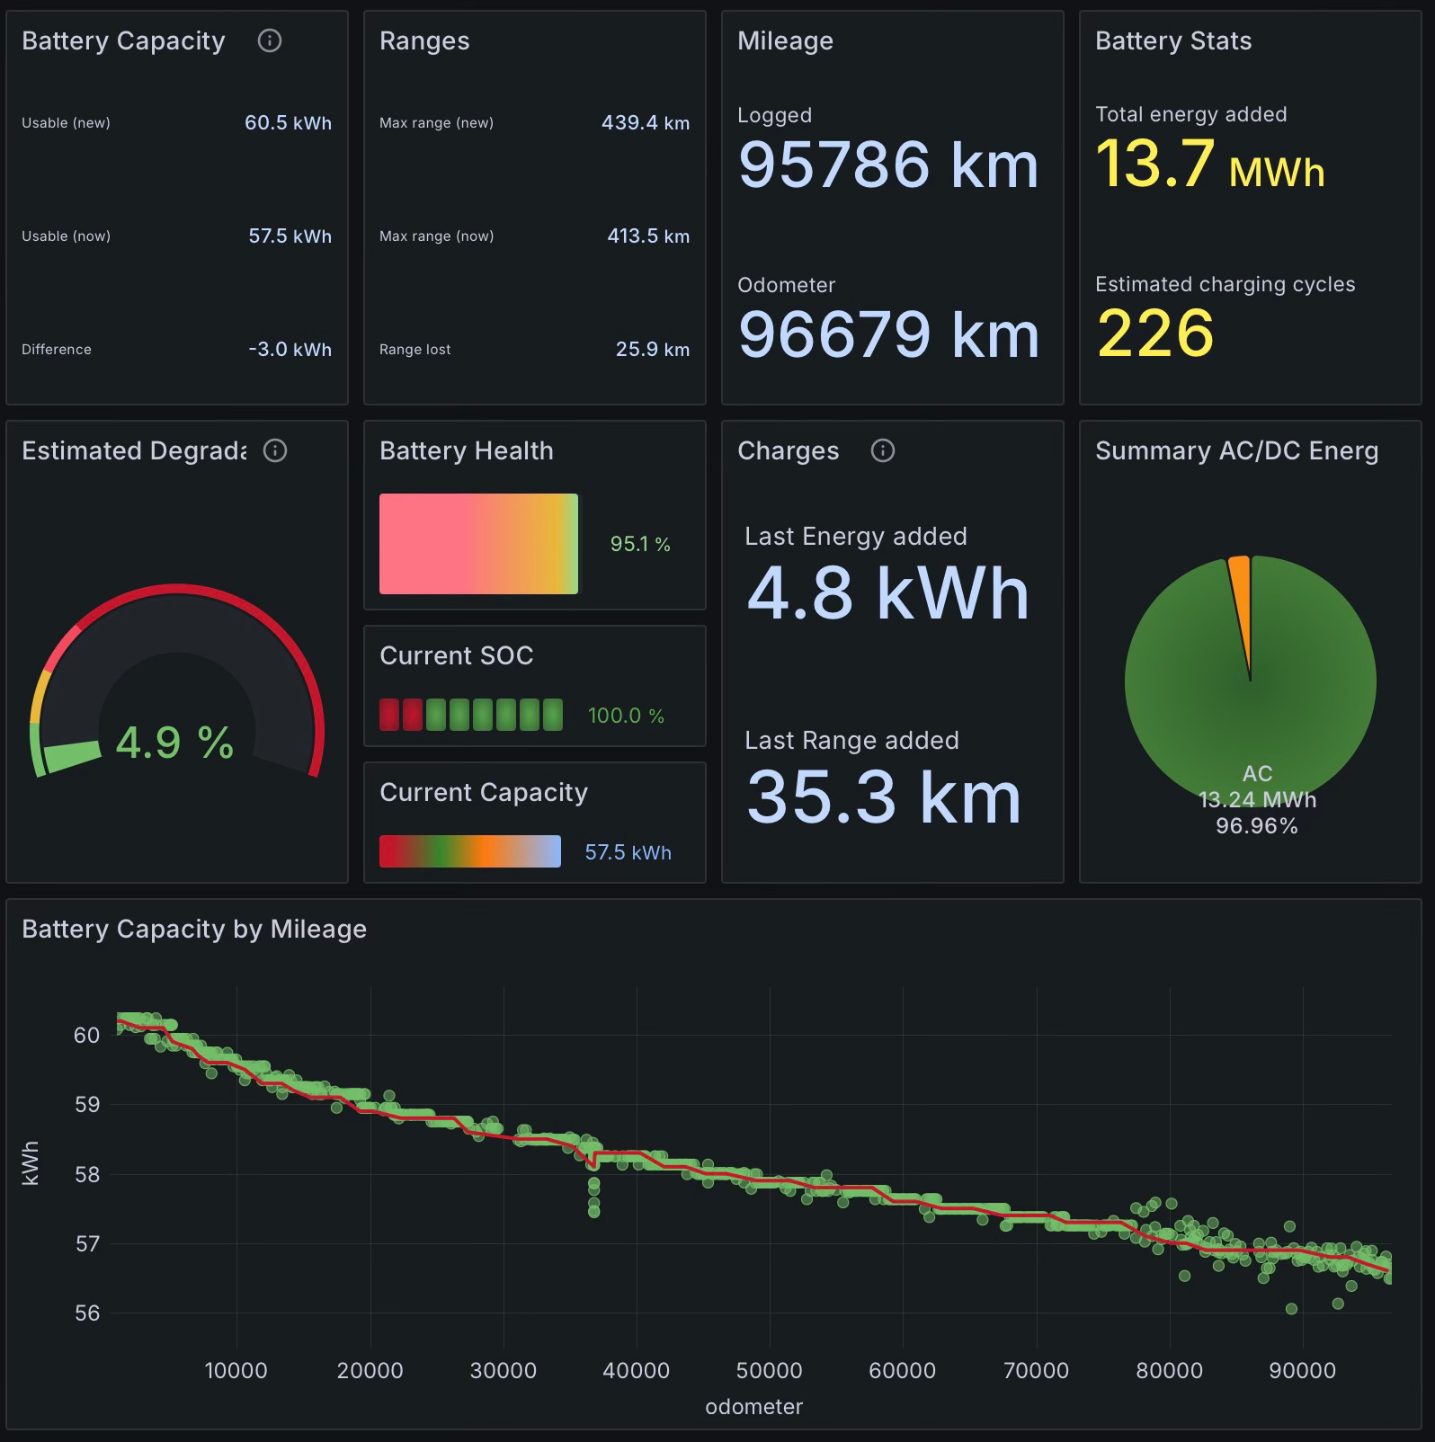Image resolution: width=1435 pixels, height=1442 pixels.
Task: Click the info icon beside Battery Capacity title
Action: pos(270,40)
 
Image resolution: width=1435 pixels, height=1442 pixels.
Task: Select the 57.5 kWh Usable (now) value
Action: pos(290,236)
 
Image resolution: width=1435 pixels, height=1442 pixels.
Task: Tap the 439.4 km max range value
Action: pos(645,123)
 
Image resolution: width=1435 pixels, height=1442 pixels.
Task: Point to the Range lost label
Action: pos(414,350)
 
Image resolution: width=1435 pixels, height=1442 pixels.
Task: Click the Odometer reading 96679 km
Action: pos(887,334)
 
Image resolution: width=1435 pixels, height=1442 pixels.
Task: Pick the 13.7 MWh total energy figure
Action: pos(1209,165)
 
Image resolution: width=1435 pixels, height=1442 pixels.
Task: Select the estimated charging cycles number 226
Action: pos(1155,334)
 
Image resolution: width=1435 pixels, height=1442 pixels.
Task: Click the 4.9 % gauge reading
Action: pos(174,743)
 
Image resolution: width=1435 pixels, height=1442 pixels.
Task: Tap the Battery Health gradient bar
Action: pos(478,544)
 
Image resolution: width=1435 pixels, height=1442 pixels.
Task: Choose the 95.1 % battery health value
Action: pos(640,544)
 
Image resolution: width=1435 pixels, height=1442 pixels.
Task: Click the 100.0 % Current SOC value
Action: pos(626,716)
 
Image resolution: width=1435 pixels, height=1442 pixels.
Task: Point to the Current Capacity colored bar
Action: pos(470,851)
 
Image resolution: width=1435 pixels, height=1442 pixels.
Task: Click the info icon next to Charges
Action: pos(883,450)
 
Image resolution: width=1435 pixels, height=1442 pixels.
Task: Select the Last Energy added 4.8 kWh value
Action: pos(887,593)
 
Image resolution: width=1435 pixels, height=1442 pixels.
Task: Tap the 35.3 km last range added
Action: pos(884,797)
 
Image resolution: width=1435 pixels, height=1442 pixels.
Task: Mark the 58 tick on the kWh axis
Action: pos(87,1174)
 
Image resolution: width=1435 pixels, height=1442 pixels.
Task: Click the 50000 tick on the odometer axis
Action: pos(769,1371)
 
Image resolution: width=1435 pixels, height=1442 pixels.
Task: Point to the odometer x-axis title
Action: pos(753,1407)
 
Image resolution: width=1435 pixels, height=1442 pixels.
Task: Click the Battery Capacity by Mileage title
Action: pos(194,929)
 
